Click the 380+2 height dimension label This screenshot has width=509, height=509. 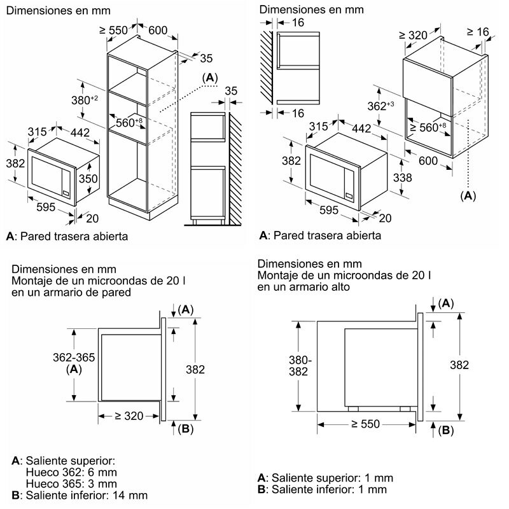point(85,100)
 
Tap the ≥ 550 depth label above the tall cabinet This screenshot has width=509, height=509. point(113,31)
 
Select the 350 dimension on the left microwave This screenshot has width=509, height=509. point(88,178)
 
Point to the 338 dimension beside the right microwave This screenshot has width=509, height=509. point(402,178)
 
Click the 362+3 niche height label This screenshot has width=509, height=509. point(380,106)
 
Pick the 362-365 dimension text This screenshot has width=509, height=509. point(74,358)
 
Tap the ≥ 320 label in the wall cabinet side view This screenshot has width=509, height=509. point(129,416)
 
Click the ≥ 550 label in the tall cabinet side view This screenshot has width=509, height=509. point(365,424)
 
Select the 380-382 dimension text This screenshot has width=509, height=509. point(300,365)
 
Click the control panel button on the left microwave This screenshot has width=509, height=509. point(66,193)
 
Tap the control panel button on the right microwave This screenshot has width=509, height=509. point(349,196)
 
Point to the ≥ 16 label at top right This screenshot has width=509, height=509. point(478,32)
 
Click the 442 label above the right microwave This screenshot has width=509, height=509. point(361,129)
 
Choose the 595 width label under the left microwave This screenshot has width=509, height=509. point(46,207)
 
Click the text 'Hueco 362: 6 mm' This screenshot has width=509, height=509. point(71,472)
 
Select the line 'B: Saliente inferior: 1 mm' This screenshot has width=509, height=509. point(322,489)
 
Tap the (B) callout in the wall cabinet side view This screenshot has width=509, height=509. point(185,429)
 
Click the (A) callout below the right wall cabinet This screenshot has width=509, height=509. point(468,196)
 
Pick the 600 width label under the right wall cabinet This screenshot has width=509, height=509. point(428,161)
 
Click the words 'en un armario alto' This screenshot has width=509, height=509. point(303,287)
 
